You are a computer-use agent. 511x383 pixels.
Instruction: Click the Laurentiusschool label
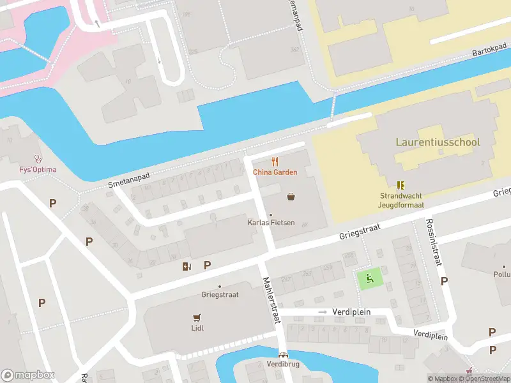[x=438, y=142]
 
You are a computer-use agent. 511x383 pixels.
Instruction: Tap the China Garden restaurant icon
[x=275, y=162]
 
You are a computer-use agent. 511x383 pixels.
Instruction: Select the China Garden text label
[x=275, y=172]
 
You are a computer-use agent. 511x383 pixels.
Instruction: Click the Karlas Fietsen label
[x=271, y=223]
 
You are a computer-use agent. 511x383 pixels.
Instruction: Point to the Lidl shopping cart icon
[x=197, y=317]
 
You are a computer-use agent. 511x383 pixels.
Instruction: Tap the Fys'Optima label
[x=37, y=170]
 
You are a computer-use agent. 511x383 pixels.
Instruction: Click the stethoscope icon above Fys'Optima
[x=37, y=159]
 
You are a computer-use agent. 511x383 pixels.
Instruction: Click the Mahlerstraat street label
[x=271, y=300]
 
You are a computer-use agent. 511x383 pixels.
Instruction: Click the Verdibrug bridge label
[x=283, y=364]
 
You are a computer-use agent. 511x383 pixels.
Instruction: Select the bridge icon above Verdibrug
[x=283, y=354]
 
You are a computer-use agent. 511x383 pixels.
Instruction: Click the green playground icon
[x=369, y=278]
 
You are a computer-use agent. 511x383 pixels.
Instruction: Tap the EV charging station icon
[x=187, y=266]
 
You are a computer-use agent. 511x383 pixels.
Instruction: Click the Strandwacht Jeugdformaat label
[x=401, y=200]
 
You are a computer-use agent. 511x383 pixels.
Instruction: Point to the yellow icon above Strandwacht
[x=400, y=185]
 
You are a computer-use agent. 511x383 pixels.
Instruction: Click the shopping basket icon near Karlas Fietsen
[x=291, y=197]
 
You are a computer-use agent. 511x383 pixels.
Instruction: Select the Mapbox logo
[x=27, y=375]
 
